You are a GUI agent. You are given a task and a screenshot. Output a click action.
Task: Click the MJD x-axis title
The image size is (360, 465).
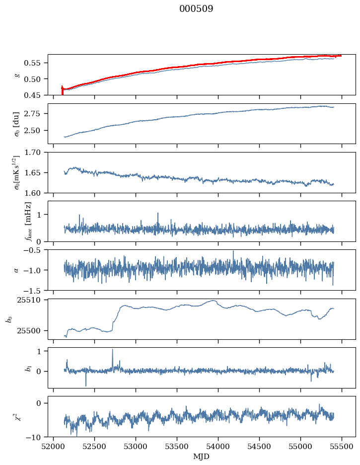[201, 456]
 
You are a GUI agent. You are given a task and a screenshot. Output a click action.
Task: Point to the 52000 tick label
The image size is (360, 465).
[54, 446]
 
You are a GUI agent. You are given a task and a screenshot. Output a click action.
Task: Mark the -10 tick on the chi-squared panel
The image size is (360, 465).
[36, 437]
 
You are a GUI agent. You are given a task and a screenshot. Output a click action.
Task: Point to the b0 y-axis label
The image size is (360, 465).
[9, 318]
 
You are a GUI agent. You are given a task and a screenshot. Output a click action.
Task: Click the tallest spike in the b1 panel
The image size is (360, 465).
[112, 350]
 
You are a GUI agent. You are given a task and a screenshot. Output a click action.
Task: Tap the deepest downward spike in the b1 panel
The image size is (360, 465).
[86, 386]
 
